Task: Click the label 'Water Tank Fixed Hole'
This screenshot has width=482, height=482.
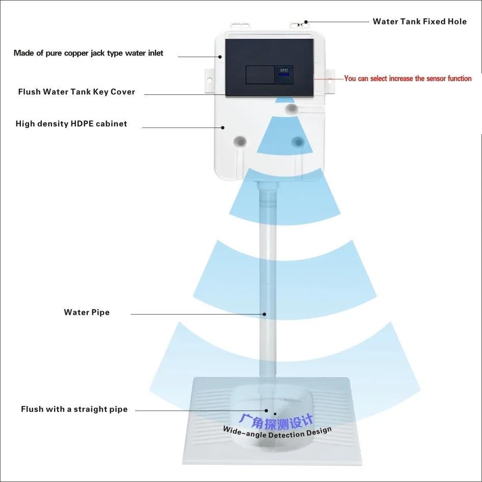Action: pyautogui.click(x=419, y=21)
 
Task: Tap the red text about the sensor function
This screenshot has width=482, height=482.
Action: pyautogui.click(x=408, y=79)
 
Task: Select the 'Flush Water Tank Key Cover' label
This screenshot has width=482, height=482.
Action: pyautogui.click(x=77, y=92)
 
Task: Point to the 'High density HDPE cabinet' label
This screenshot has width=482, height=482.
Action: pyautogui.click(x=71, y=123)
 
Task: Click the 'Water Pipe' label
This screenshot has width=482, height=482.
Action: pyautogui.click(x=87, y=312)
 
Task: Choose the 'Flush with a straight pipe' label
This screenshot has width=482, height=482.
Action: pyautogui.click(x=74, y=409)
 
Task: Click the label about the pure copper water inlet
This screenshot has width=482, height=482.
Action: pyautogui.click(x=89, y=53)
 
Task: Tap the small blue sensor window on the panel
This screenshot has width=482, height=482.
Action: pyautogui.click(x=284, y=75)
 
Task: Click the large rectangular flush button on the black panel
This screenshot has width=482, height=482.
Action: pyautogui.click(x=260, y=74)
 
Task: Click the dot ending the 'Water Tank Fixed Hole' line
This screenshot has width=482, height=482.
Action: pyautogui.click(x=306, y=22)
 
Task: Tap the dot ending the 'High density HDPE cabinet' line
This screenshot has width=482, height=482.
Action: pyautogui.click(x=222, y=127)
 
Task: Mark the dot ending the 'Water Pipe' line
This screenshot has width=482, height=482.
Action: pyautogui.click(x=265, y=314)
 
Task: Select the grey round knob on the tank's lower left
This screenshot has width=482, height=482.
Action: pyautogui.click(x=239, y=141)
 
